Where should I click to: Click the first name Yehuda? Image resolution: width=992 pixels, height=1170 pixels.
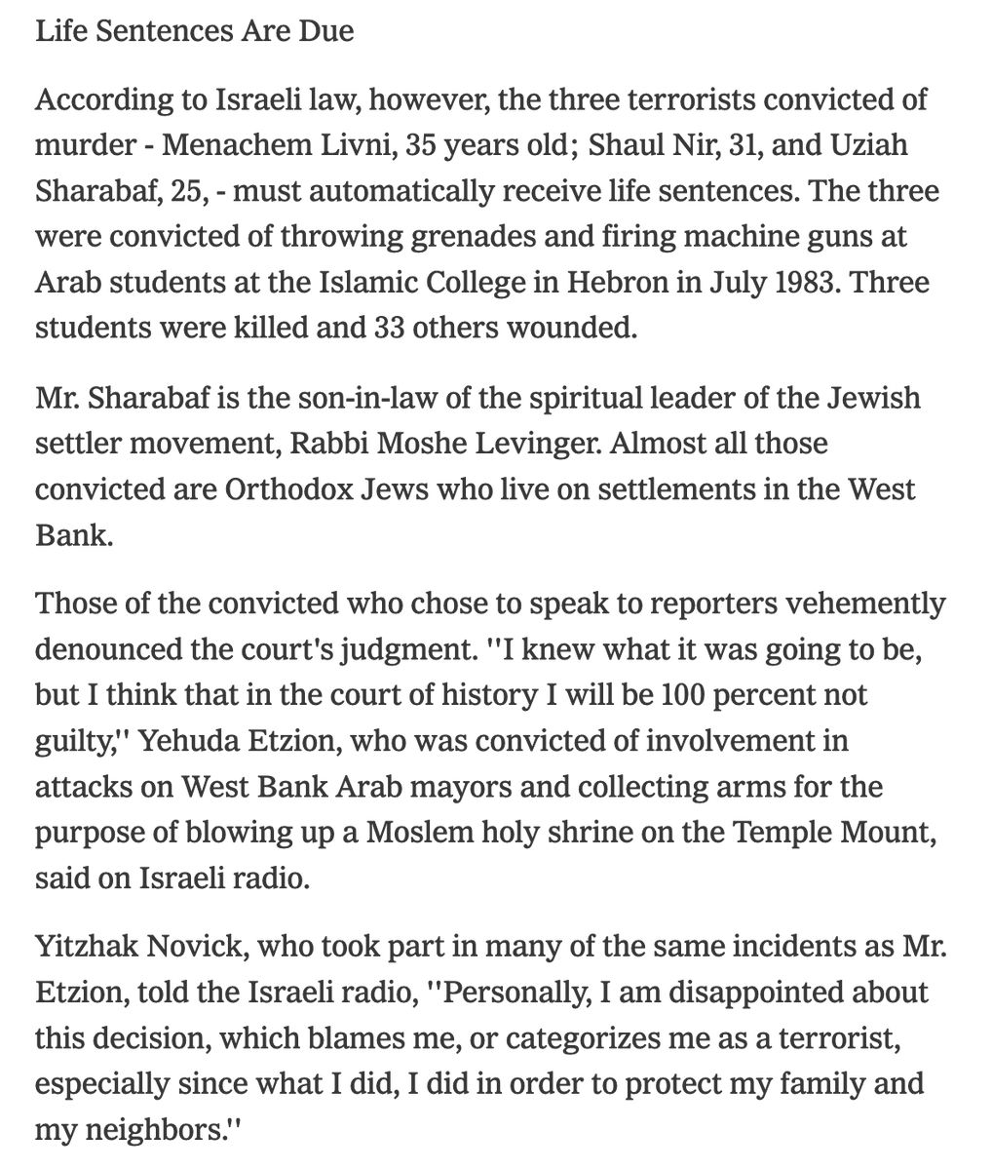click(185, 741)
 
